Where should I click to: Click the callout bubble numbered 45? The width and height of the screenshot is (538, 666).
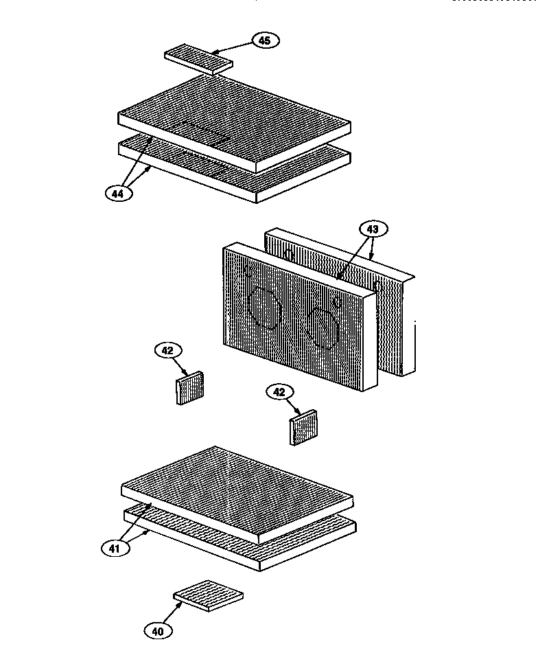click(264, 41)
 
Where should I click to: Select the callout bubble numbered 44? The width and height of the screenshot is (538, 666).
click(119, 194)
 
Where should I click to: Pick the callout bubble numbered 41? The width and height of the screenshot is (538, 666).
click(114, 549)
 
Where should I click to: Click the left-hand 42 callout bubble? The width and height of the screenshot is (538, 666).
click(167, 351)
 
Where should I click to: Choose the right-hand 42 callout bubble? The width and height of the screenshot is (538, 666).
click(279, 392)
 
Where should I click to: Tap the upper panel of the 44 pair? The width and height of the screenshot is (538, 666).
click(233, 120)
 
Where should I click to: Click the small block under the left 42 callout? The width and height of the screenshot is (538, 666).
click(191, 388)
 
